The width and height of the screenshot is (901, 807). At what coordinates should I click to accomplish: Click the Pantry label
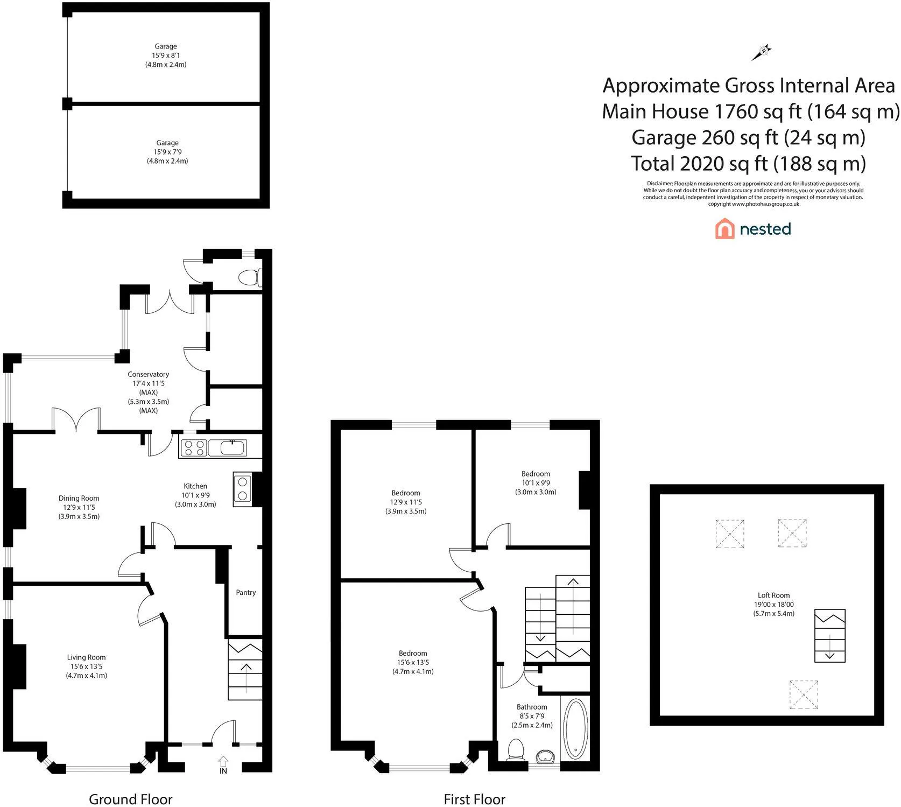tap(245, 592)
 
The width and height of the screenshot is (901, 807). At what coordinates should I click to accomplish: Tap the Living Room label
tap(86, 657)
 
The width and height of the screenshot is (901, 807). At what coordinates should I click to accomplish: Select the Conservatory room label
tap(148, 374)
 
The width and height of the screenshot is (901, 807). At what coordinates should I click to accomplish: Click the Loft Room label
tap(773, 595)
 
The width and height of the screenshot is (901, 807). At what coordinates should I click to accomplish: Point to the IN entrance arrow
tap(223, 761)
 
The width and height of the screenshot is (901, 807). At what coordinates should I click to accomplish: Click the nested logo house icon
tap(724, 229)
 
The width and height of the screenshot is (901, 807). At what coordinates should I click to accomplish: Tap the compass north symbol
tap(762, 52)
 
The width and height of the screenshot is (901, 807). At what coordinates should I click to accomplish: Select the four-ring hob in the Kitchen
tap(194, 448)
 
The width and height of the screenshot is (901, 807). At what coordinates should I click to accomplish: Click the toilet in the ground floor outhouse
tap(249, 278)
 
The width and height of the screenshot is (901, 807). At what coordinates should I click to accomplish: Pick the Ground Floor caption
tap(131, 799)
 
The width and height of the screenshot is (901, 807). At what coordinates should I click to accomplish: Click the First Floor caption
tap(475, 799)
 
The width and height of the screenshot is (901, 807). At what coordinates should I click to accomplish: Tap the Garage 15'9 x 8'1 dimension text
tap(166, 55)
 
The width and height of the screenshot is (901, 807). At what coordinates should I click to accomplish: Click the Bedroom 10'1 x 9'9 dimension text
tap(536, 483)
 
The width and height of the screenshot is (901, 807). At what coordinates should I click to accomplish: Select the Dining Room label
tap(79, 498)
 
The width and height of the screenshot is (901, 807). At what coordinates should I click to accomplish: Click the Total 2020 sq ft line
tap(749, 163)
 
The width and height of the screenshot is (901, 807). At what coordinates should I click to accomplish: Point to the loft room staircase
tap(830, 635)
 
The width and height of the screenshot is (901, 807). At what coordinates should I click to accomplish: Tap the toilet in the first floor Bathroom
tap(516, 750)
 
